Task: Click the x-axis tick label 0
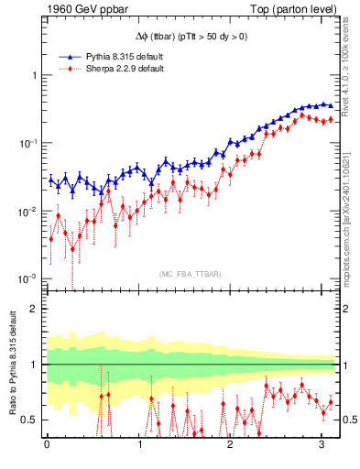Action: pyautogui.click(x=47, y=445)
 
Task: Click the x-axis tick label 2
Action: pyautogui.click(x=231, y=445)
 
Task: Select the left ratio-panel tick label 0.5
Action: pyautogui.click(x=28, y=420)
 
